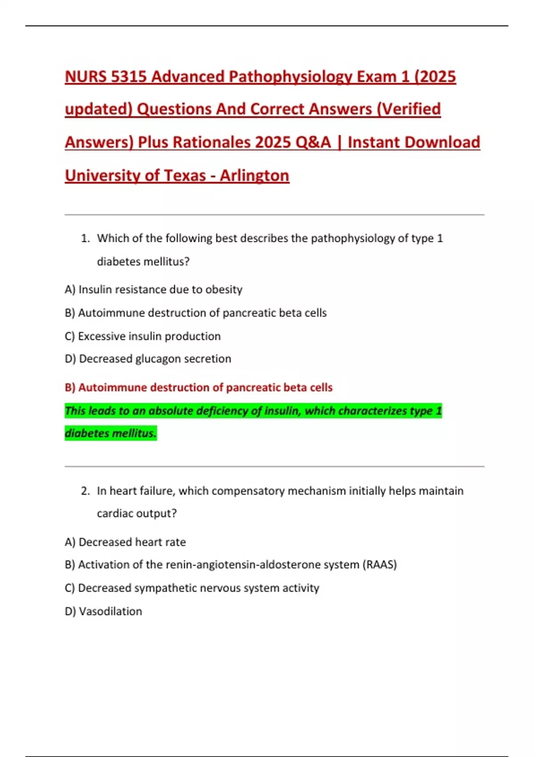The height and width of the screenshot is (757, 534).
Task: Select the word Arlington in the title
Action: coord(254,175)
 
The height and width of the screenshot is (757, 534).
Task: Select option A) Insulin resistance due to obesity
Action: coord(154,289)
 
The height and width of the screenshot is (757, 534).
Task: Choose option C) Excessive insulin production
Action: coord(142,336)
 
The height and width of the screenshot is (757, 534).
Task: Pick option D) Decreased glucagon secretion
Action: coord(148,359)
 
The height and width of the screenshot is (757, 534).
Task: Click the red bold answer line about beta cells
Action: coord(198,387)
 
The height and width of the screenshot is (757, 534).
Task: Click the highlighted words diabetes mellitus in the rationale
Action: coord(110,433)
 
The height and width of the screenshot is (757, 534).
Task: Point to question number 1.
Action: coord(85,239)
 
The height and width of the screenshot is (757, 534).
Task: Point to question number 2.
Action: coord(85,491)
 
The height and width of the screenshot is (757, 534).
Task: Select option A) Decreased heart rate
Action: coord(125,542)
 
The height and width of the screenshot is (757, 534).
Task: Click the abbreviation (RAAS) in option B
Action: coord(380,565)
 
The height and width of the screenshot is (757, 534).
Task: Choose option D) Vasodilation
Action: coord(103,611)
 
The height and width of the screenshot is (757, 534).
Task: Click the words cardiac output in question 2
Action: coord(136,513)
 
